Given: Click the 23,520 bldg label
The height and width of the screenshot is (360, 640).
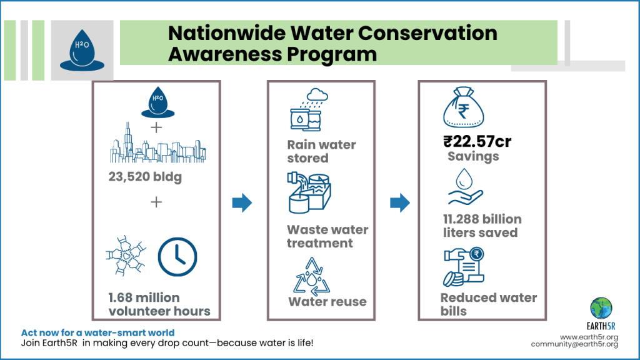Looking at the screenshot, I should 145,177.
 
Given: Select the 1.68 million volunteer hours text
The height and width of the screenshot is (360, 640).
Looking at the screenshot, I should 159,304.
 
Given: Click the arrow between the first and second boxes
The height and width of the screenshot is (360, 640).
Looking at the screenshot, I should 242,202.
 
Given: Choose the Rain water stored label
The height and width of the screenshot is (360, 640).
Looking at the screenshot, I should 321,151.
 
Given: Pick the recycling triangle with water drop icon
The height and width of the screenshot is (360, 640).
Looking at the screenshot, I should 312,275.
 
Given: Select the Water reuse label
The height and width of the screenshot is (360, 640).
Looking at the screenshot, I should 327,302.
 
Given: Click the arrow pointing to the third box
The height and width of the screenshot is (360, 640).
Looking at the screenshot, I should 399,202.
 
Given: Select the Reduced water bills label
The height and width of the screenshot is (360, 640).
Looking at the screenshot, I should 488,304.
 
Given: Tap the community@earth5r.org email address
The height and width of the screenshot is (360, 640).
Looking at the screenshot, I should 574,344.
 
